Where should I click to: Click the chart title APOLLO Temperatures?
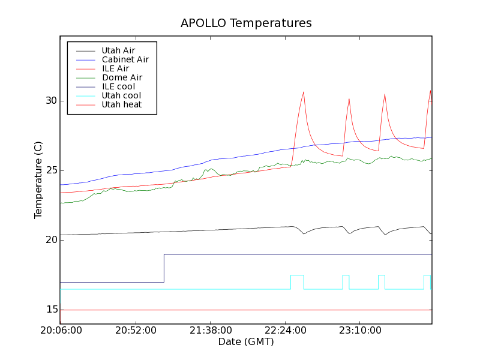click(246, 23)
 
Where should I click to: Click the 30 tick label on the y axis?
click(52, 101)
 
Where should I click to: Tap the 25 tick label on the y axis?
click(52, 170)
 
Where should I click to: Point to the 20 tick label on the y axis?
click(52, 240)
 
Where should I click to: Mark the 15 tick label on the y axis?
click(52, 310)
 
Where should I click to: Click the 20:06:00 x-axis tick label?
click(60, 331)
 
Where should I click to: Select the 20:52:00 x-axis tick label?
click(135, 331)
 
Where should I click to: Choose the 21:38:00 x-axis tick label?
click(209, 331)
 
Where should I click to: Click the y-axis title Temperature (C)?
click(38, 180)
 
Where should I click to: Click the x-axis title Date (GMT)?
click(246, 342)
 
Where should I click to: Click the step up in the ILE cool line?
click(164, 268)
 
